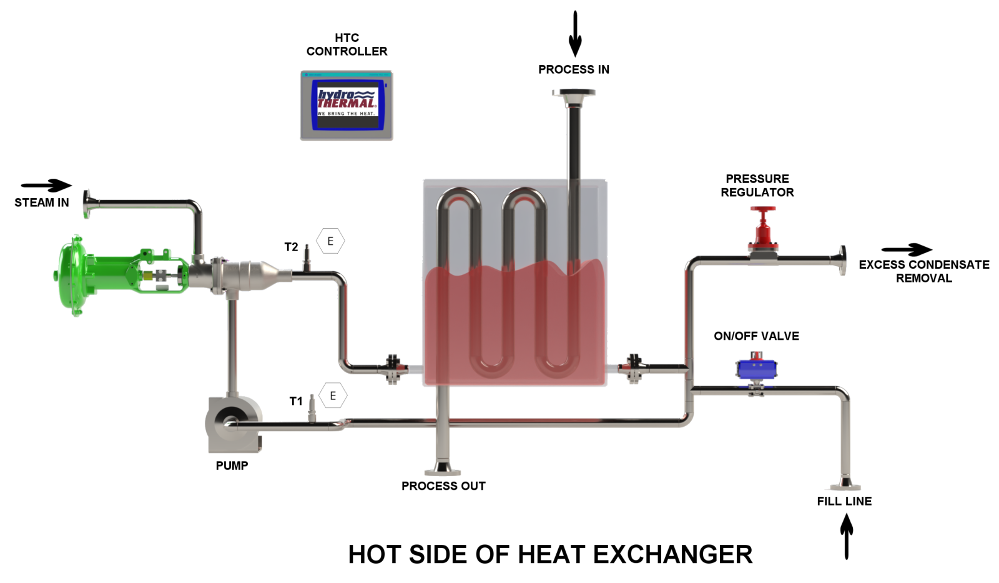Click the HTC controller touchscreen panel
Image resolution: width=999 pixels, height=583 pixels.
(x=347, y=105)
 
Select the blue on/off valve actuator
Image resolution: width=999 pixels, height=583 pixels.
(x=756, y=368)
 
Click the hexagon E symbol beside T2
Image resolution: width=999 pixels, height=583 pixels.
(x=330, y=241)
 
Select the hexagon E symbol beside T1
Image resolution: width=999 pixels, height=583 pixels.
(x=333, y=396)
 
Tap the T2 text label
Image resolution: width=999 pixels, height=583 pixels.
(x=291, y=247)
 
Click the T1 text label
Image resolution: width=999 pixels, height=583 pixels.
(x=296, y=401)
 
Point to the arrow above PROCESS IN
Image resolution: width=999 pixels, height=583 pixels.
(x=575, y=34)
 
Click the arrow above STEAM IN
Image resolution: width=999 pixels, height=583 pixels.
(x=47, y=185)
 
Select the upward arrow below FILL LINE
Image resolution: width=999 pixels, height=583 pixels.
(x=846, y=536)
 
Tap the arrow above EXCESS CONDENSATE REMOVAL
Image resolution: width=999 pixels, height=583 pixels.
(x=907, y=250)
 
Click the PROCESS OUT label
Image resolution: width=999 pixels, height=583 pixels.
(x=443, y=486)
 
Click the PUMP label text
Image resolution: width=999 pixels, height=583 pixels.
(x=232, y=466)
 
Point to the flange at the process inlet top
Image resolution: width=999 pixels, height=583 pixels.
(x=574, y=94)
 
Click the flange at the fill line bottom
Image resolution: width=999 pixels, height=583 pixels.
(x=845, y=486)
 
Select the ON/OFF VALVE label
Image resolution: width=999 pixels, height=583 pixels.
(x=756, y=336)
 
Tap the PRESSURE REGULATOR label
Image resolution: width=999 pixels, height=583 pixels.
(x=757, y=186)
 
